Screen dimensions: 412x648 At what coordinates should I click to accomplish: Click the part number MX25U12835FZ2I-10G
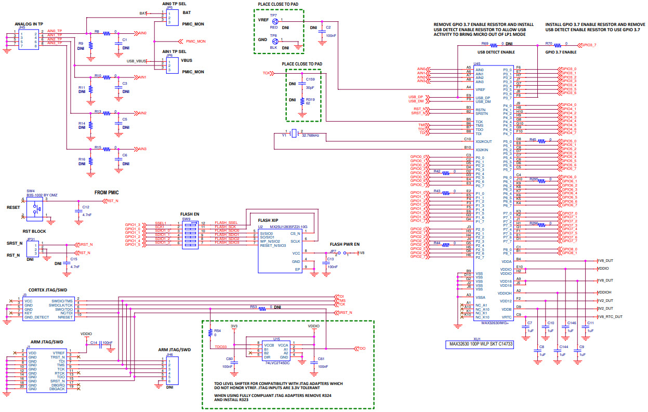point(288,227)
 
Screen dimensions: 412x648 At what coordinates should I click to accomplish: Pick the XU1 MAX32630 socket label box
point(483,344)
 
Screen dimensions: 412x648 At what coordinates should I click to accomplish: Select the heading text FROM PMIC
point(108,192)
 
